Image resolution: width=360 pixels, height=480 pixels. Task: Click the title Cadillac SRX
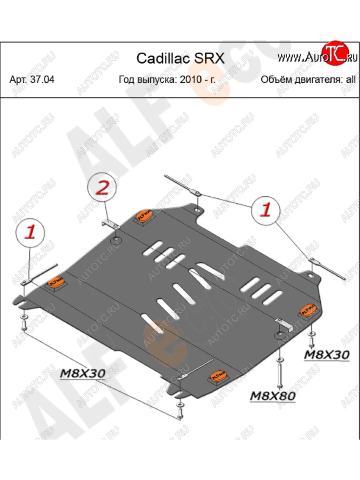[180, 58]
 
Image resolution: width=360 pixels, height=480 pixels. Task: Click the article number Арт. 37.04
[32, 80]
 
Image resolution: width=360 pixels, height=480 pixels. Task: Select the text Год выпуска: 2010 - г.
[167, 80]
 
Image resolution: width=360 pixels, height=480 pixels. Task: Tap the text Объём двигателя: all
[308, 80]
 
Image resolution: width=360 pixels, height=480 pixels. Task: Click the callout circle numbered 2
[103, 188]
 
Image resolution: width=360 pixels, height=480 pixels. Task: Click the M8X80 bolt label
[272, 396]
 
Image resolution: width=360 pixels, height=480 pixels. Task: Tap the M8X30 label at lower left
[83, 373]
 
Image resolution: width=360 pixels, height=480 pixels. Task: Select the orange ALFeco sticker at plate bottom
[218, 376]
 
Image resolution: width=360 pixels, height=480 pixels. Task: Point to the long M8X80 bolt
[279, 372]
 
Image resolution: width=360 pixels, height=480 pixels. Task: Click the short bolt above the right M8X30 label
[311, 340]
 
